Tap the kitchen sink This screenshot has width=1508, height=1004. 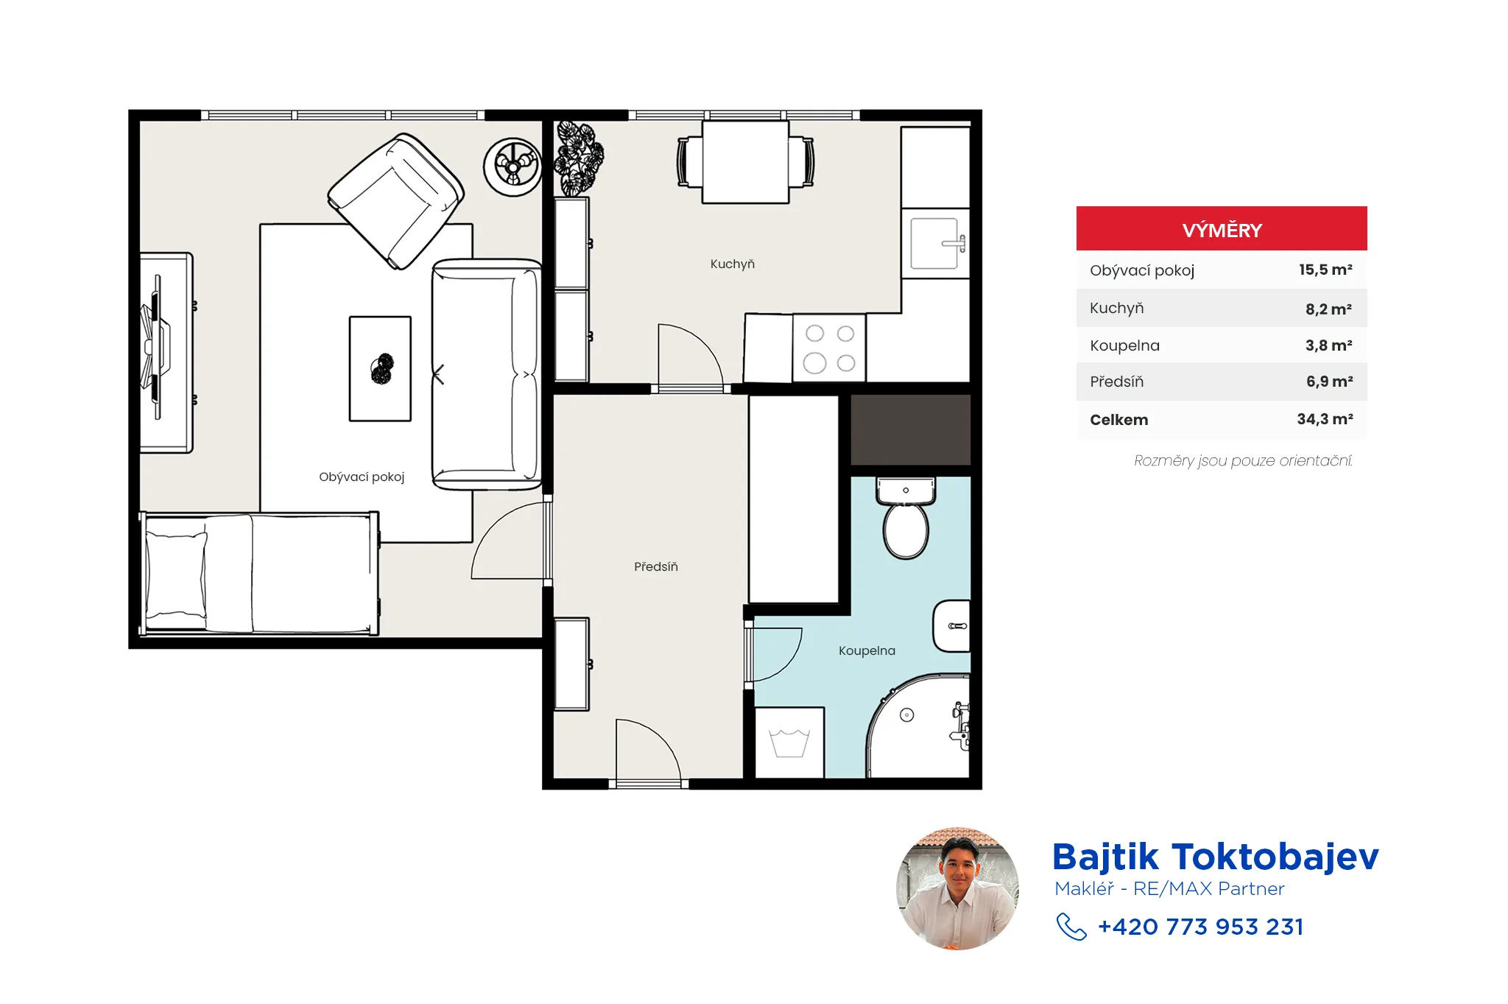936,244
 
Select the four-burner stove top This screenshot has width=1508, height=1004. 829,348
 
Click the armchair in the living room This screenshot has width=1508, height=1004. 396,201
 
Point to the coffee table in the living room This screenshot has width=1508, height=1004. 380,368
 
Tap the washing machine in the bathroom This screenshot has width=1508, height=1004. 789,743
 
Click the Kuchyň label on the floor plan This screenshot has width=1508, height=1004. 733,264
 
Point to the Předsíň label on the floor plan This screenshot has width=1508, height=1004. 656,566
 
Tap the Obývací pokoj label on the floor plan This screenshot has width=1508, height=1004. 362,477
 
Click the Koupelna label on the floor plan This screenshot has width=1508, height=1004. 867,650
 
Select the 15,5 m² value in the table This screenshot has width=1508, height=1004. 1325,270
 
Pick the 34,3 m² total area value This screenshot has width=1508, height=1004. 1325,419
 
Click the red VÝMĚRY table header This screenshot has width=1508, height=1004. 1222,229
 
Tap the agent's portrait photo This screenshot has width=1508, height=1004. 957,888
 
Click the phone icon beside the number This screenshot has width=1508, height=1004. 1071,927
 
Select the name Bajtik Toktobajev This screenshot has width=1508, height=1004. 1215,857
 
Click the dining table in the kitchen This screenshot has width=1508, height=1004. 745,162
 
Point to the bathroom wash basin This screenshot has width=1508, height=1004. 951,626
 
